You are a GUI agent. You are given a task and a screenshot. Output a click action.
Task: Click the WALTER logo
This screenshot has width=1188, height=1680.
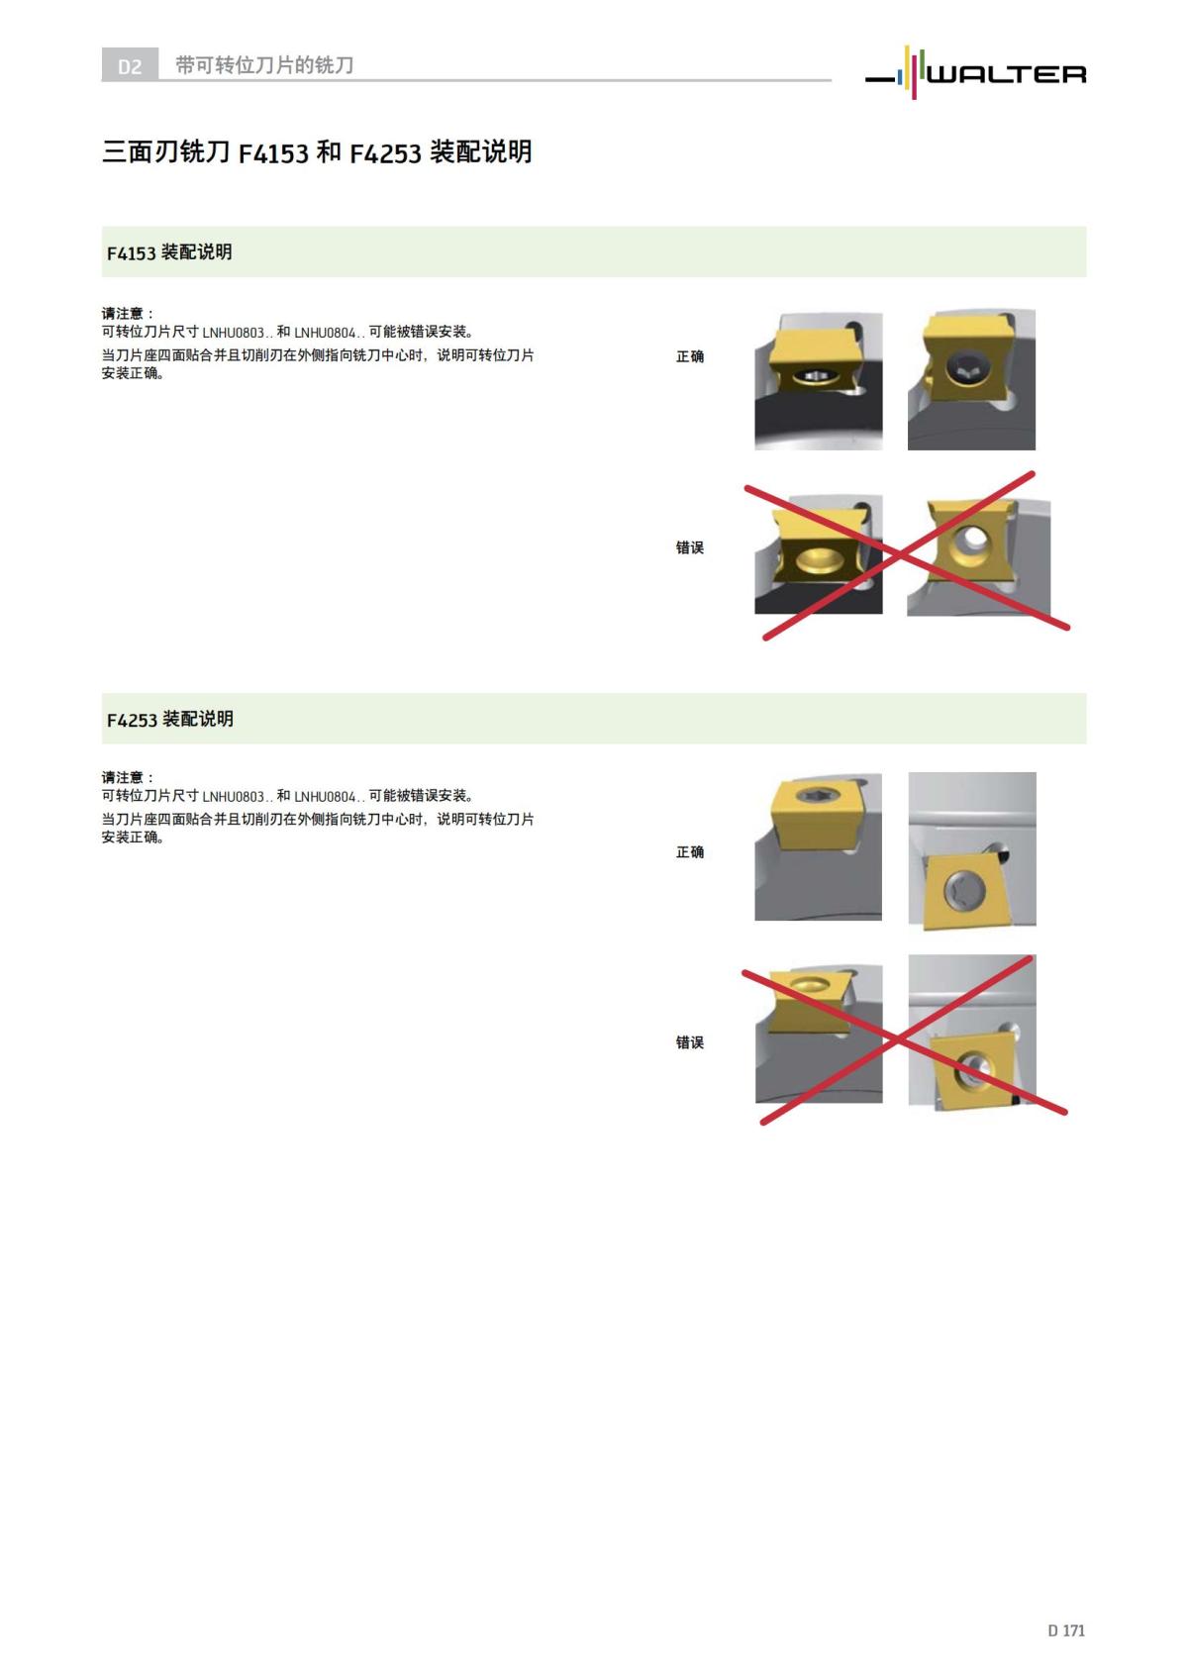click(x=976, y=72)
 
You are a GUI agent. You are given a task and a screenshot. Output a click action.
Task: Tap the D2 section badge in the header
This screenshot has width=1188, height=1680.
click(x=130, y=66)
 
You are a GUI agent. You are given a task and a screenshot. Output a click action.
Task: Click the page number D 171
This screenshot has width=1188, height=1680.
click(x=1066, y=1631)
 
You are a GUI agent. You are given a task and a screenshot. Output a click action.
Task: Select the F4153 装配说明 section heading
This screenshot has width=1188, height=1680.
click(x=169, y=252)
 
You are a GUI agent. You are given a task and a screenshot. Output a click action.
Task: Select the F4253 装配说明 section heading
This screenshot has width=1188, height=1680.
click(x=170, y=720)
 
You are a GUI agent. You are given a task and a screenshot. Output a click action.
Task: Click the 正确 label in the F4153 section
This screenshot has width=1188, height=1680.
click(x=690, y=356)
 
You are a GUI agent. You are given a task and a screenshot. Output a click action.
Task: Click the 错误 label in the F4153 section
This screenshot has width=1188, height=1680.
click(x=690, y=547)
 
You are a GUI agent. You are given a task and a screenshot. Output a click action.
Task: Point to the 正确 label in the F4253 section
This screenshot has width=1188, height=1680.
click(x=690, y=852)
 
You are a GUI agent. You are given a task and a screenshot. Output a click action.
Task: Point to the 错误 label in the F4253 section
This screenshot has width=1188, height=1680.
click(x=690, y=1042)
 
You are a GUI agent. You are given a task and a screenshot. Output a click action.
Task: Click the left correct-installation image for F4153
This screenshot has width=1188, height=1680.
click(x=818, y=381)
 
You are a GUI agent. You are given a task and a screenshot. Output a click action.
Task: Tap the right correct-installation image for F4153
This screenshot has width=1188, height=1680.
click(x=971, y=381)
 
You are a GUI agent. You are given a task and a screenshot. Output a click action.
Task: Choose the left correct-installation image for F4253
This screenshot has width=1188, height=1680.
click(x=818, y=847)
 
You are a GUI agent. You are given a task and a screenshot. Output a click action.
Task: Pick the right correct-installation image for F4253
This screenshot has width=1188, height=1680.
click(x=972, y=849)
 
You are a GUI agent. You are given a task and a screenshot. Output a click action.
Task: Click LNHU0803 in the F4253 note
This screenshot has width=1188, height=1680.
click(x=234, y=797)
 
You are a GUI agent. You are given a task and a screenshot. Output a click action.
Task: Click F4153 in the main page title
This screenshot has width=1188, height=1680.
click(x=273, y=153)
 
